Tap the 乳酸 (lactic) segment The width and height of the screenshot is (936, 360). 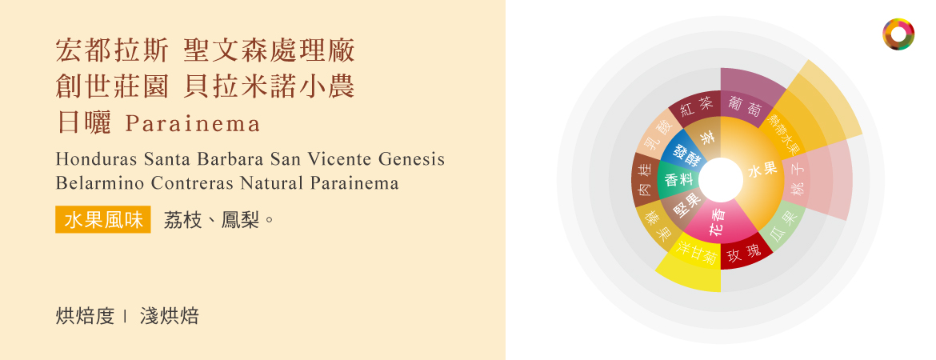coord(655,135)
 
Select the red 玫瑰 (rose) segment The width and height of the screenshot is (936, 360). coord(744,254)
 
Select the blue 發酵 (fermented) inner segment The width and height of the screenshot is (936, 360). coord(686,153)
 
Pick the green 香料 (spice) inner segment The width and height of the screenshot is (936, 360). coord(678,179)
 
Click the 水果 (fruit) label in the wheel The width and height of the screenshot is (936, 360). coord(763,170)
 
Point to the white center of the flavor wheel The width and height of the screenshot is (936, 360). coord(721,180)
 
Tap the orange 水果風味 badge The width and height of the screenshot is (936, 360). coord(102,220)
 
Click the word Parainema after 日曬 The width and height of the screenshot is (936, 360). coord(194,123)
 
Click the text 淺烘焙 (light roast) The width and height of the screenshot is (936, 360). coord(169,317)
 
